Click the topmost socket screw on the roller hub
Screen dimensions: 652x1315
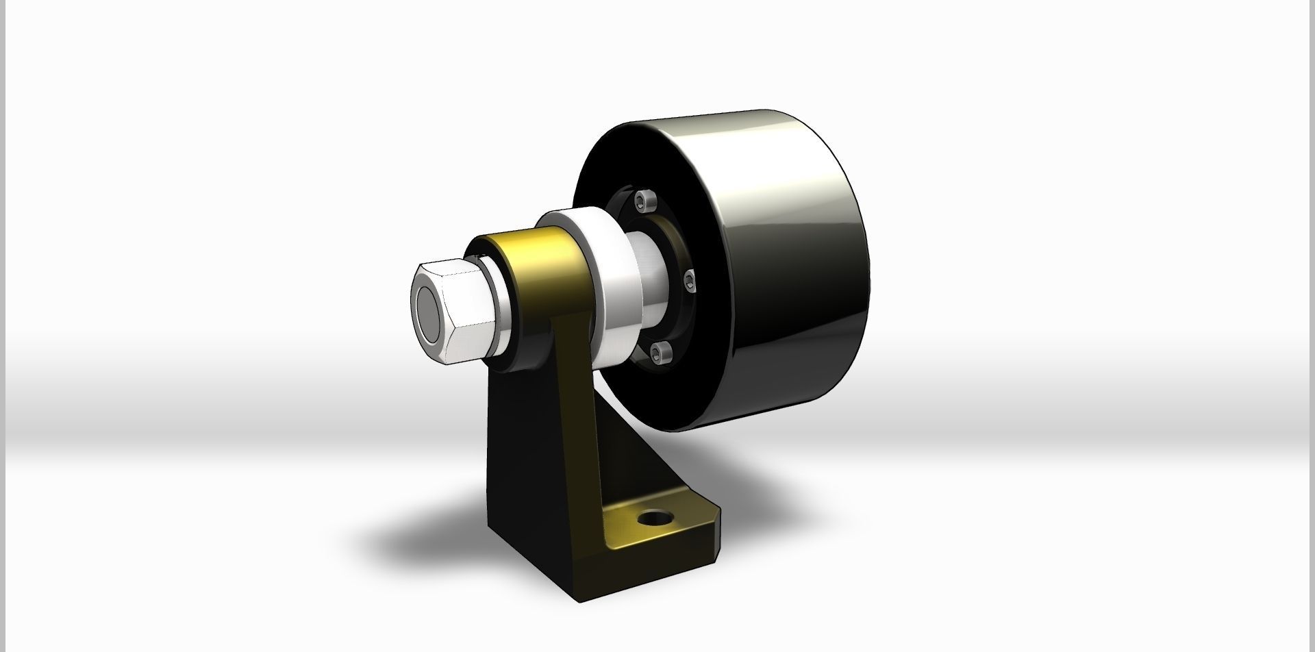[642, 200]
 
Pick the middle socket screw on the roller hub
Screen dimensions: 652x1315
[690, 279]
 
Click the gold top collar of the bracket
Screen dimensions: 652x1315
[541, 267]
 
